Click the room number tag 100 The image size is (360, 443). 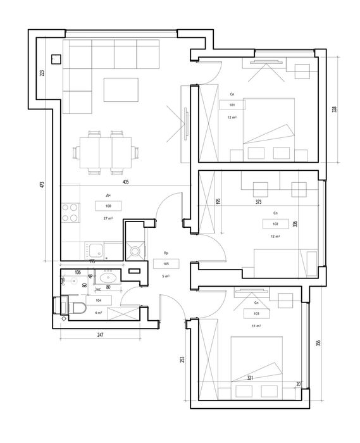coord(108,206)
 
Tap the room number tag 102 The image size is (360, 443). coord(275,224)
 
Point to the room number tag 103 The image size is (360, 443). coord(256,313)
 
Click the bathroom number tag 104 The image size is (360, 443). coord(98,300)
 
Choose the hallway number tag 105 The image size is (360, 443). coord(166,264)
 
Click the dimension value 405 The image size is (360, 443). coord(126,182)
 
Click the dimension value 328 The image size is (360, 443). coord(333,109)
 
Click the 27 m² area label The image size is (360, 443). coord(108,218)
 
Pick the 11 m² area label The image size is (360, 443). coord(256,326)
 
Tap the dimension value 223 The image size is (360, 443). coord(42,72)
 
